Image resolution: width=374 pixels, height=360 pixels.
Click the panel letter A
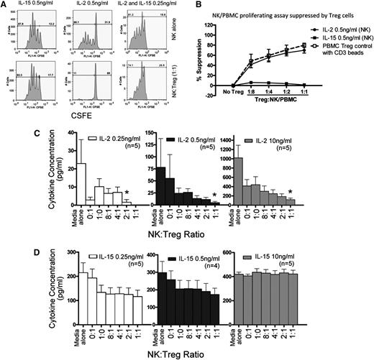[6, 6]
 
